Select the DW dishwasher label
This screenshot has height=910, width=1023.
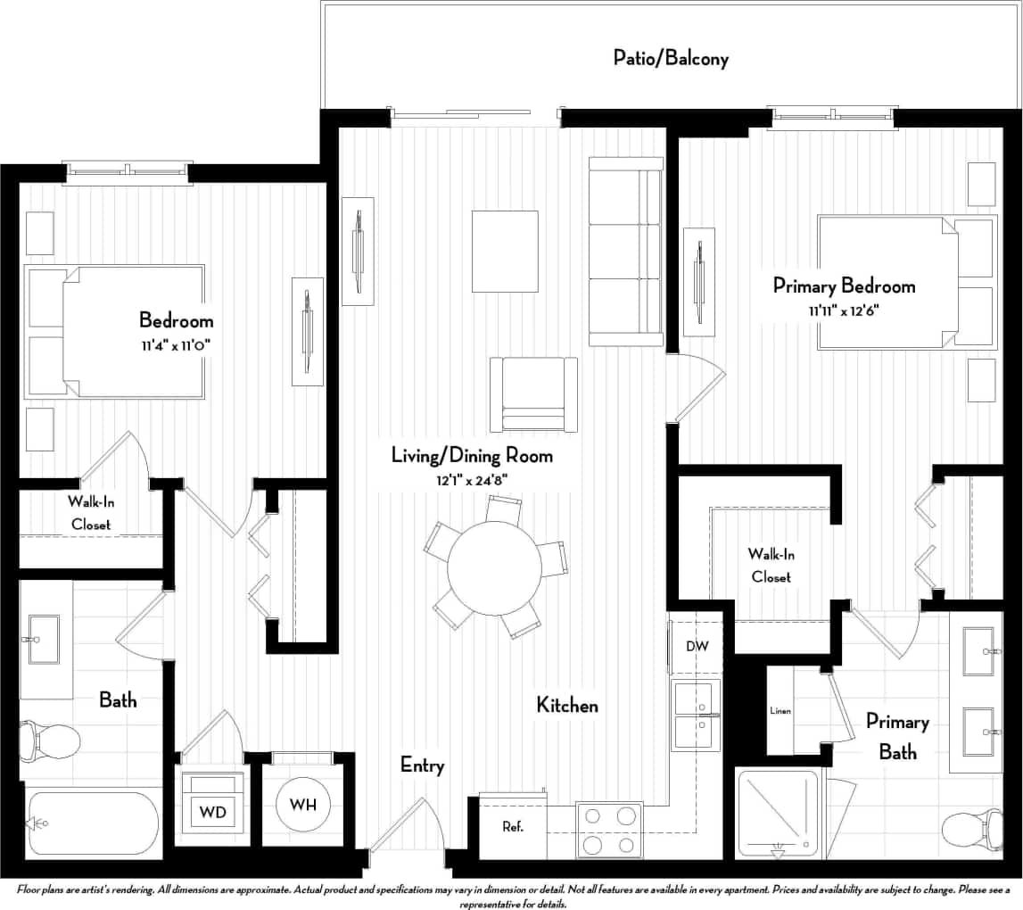coord(697,645)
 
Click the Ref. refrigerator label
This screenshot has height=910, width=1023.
coord(512,827)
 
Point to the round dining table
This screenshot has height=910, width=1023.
coord(494,565)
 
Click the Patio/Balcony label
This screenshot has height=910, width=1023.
coord(671,59)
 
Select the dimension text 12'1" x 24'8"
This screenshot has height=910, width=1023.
coord(473,480)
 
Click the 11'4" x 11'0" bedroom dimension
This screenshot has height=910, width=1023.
coord(175,343)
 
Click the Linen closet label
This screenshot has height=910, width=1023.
coord(780,711)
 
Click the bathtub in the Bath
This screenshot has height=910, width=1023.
coord(92,823)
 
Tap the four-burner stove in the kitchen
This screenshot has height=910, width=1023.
coord(610,829)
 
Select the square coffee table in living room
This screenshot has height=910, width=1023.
coord(505,251)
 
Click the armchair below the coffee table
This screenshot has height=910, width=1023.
coord(533,393)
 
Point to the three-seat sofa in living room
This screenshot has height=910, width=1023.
coord(625,252)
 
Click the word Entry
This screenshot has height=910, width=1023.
coord(422,765)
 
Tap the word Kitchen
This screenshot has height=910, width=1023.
coord(566,706)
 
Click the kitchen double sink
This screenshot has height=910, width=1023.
coord(696,715)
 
